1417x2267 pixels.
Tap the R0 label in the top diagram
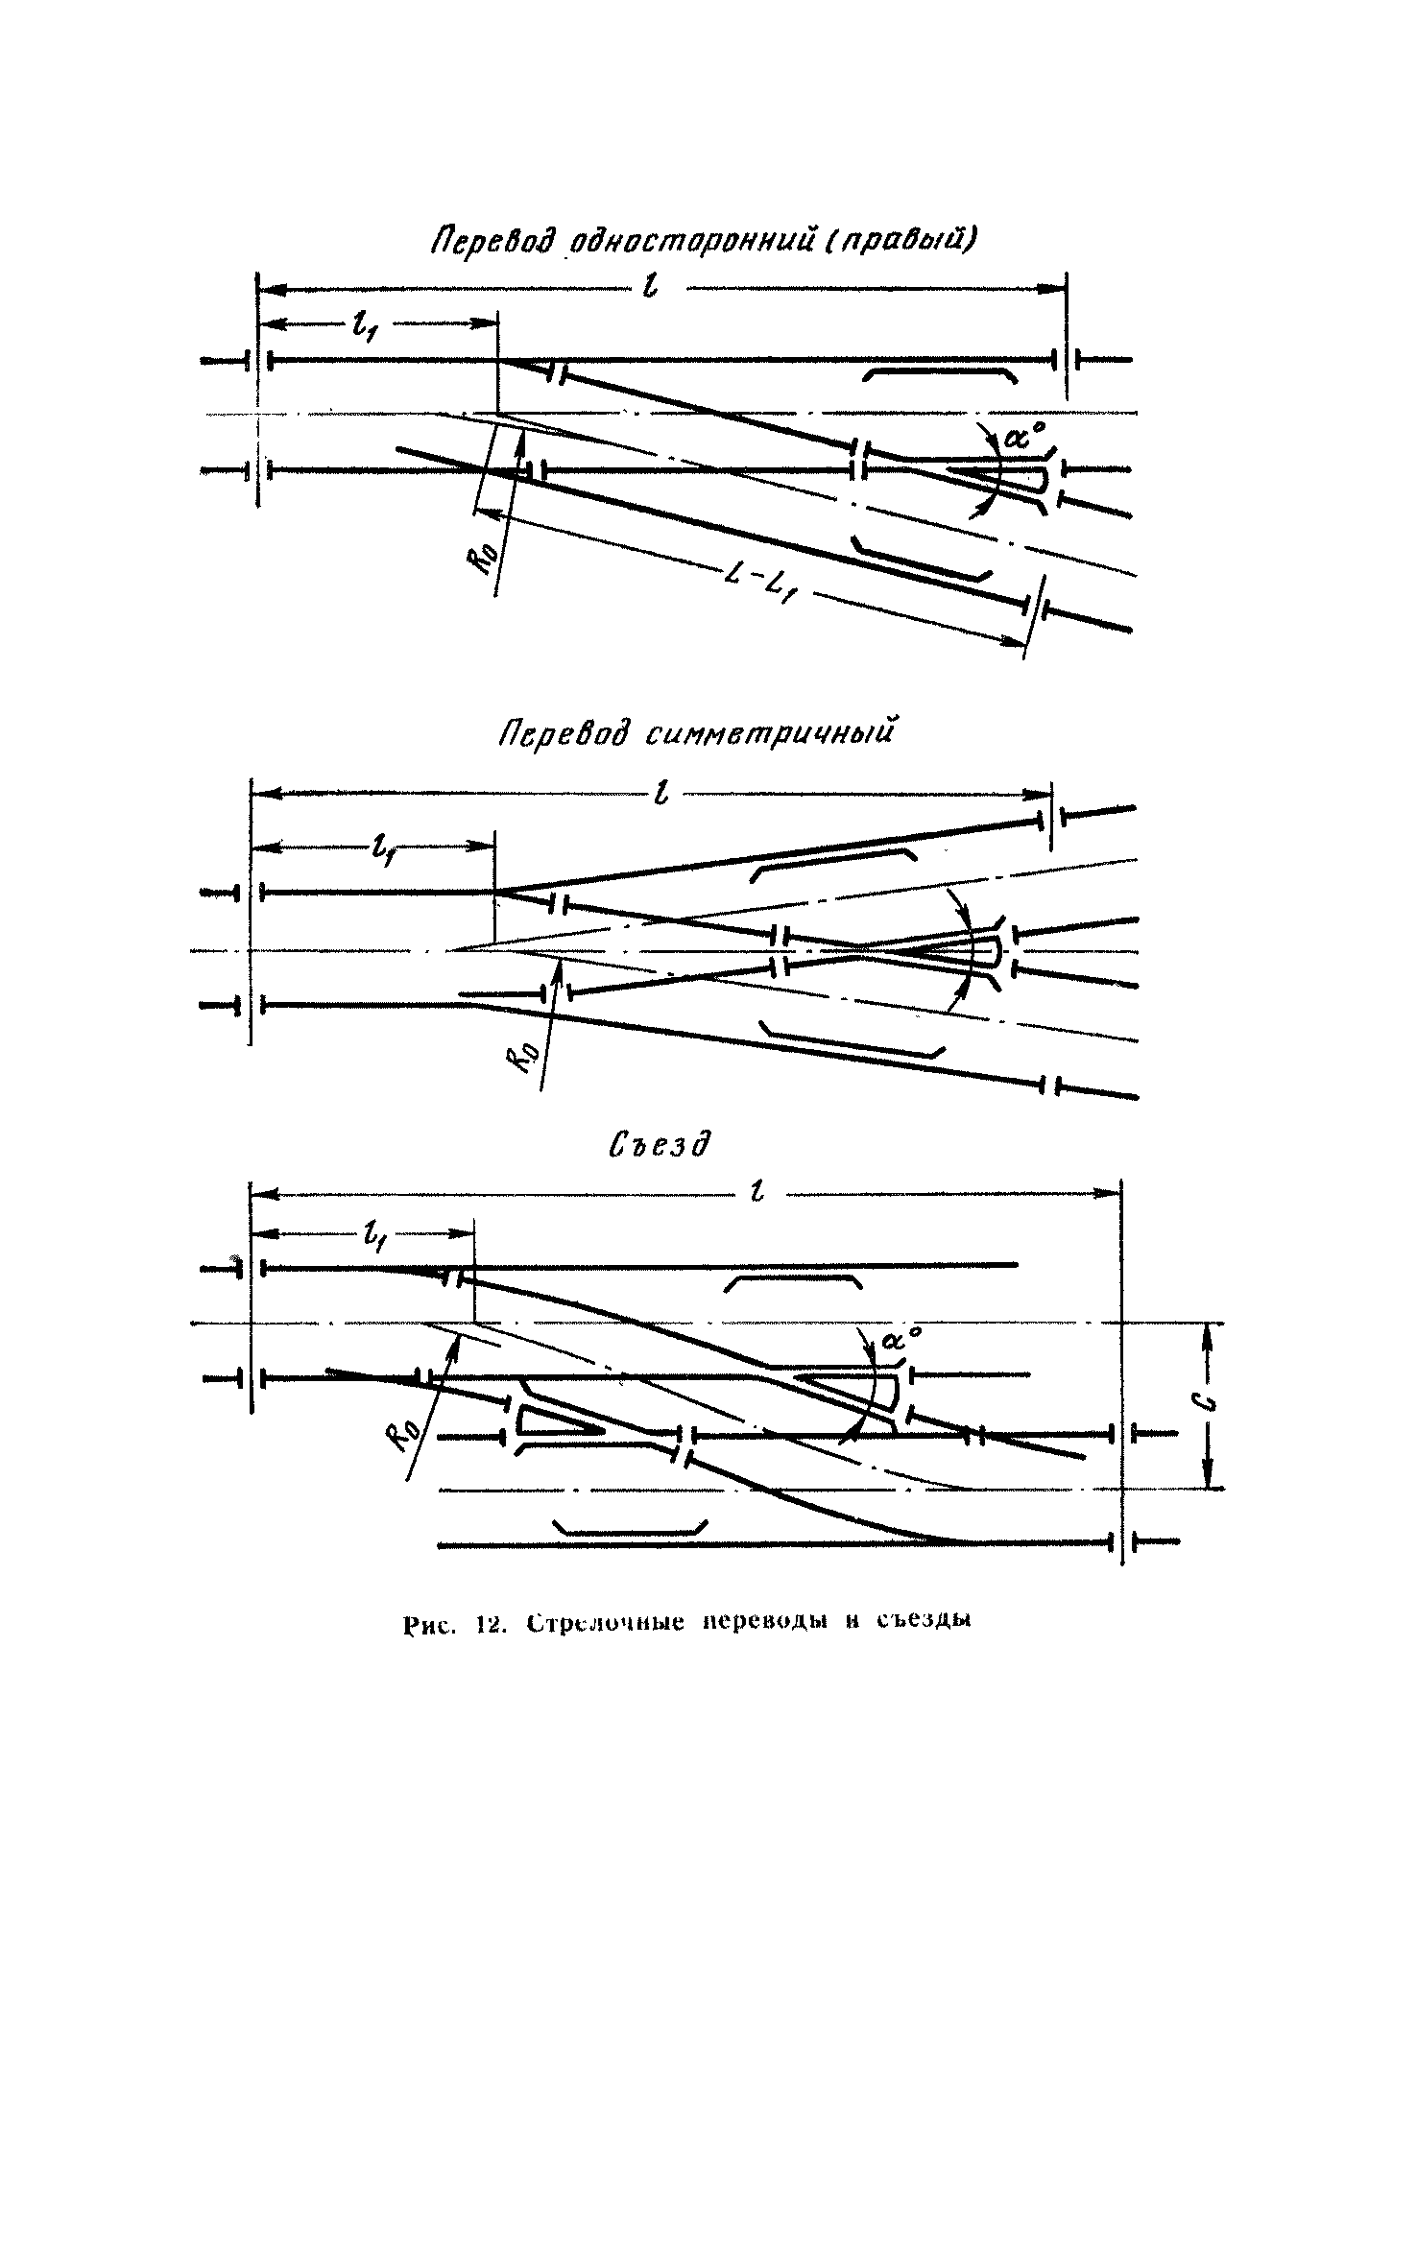pos(491,556)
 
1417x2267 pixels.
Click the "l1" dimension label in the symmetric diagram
pos(380,847)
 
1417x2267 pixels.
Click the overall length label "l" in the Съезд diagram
pos(757,1194)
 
